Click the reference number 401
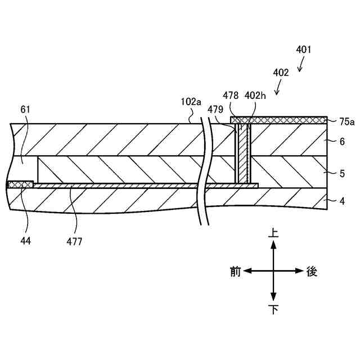coord(303,49)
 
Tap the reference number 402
coord(280,73)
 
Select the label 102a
coord(191,102)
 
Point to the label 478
coord(231,96)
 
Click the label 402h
coord(255,96)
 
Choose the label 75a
coord(347,120)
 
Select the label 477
coord(74,242)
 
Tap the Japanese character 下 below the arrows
coord(273,309)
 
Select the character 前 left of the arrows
coord(236,272)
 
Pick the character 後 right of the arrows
coord(312,272)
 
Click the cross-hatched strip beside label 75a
coord(281,120)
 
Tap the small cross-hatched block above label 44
coord(20,184)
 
